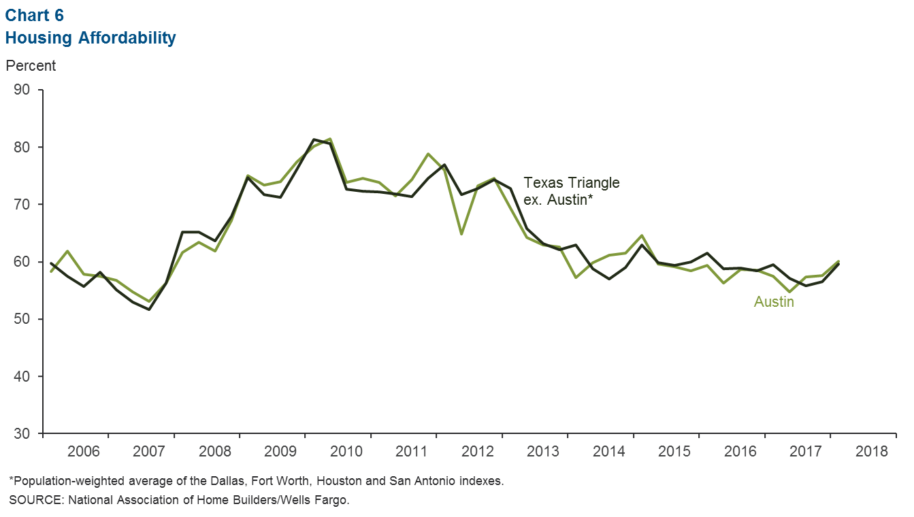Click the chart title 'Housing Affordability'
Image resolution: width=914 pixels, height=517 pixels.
coord(91,38)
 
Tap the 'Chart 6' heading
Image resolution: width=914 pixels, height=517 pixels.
coord(36,15)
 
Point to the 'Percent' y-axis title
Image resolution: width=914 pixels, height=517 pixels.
coord(31,66)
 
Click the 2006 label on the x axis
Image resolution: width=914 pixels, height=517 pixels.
coord(83,452)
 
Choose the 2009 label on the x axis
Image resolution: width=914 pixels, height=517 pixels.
coord(280,452)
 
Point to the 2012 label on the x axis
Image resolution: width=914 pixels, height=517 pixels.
coord(477,452)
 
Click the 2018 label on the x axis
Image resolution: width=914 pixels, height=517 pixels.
coord(872,452)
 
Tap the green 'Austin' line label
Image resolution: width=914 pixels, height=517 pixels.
coord(774,301)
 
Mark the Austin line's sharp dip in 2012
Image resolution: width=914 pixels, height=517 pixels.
coord(461,234)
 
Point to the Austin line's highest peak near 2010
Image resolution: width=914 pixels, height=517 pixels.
coord(330,139)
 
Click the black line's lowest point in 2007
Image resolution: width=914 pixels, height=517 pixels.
coord(149,310)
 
